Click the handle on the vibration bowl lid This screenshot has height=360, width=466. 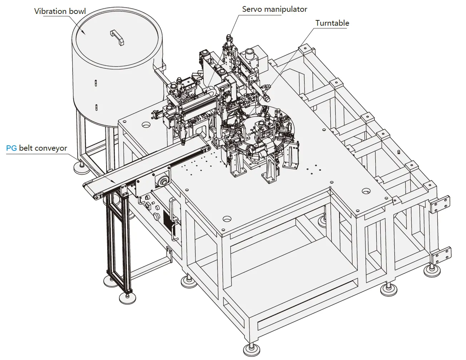point(117,37)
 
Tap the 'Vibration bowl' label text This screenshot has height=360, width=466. point(60,11)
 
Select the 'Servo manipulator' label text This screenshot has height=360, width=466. point(274,9)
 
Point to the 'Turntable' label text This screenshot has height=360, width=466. point(332,23)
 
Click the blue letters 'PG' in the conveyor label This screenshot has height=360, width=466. point(11,148)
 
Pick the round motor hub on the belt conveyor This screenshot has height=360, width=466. point(163,181)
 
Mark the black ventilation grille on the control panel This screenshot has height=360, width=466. point(167,218)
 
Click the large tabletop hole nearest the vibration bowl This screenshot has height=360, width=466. point(145,125)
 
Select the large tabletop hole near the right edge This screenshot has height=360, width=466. point(366,191)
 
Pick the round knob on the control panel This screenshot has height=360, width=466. point(156,216)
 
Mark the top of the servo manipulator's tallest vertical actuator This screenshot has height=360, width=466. point(229,37)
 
